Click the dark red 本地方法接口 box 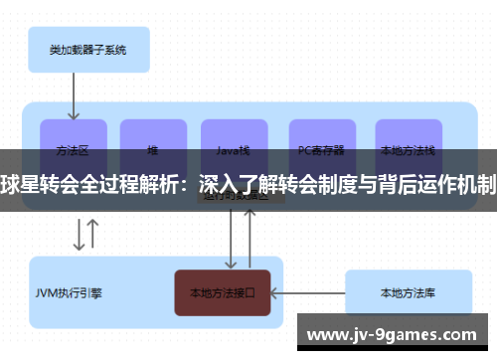point(223,292)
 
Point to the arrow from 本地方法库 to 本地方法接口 point(308,292)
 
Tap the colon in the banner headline point(186,184)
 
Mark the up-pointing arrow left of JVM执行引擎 point(92,235)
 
